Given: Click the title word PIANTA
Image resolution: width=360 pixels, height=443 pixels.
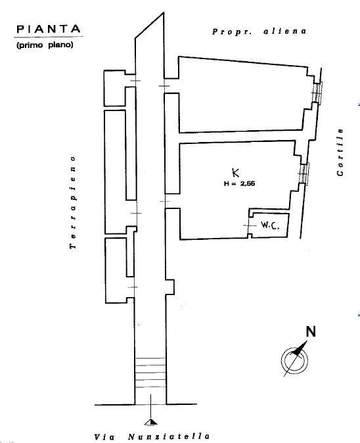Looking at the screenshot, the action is (x=49, y=30).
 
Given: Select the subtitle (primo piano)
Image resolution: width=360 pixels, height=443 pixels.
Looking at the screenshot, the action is (x=45, y=45).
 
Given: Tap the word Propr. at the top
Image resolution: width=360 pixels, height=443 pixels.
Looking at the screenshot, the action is (x=232, y=32).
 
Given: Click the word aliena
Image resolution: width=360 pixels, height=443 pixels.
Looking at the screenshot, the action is (x=284, y=31).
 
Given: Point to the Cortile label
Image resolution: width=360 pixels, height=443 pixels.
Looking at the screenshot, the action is (x=340, y=152).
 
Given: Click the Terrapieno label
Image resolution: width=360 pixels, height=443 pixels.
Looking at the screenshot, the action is (x=73, y=202).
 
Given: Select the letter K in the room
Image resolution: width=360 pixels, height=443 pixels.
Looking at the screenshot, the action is (x=235, y=172).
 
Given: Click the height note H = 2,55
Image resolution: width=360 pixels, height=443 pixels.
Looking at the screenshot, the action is (x=239, y=183).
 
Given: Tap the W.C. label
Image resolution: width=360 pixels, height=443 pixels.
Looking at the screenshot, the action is (x=270, y=225).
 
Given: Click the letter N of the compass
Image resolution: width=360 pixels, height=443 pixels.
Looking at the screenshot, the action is (x=311, y=331).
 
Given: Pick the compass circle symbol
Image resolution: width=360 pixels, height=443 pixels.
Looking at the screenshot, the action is (x=294, y=360).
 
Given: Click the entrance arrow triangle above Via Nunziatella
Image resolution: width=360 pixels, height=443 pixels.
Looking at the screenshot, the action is (x=151, y=422).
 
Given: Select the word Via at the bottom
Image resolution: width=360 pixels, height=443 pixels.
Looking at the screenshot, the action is (x=104, y=437).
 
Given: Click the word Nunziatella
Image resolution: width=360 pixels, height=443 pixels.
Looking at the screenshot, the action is (x=169, y=436).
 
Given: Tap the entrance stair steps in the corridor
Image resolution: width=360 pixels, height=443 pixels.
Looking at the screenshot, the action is (x=150, y=373).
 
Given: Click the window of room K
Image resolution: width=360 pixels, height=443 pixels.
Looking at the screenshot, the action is (x=304, y=174).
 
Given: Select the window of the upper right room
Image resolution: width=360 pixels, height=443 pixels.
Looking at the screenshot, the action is (x=317, y=93).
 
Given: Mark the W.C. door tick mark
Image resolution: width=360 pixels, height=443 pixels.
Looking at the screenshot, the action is (x=248, y=225).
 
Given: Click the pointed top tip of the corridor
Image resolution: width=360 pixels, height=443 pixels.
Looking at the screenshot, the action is (x=163, y=12).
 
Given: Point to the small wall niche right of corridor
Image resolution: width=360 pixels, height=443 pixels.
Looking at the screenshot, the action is (x=169, y=287).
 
